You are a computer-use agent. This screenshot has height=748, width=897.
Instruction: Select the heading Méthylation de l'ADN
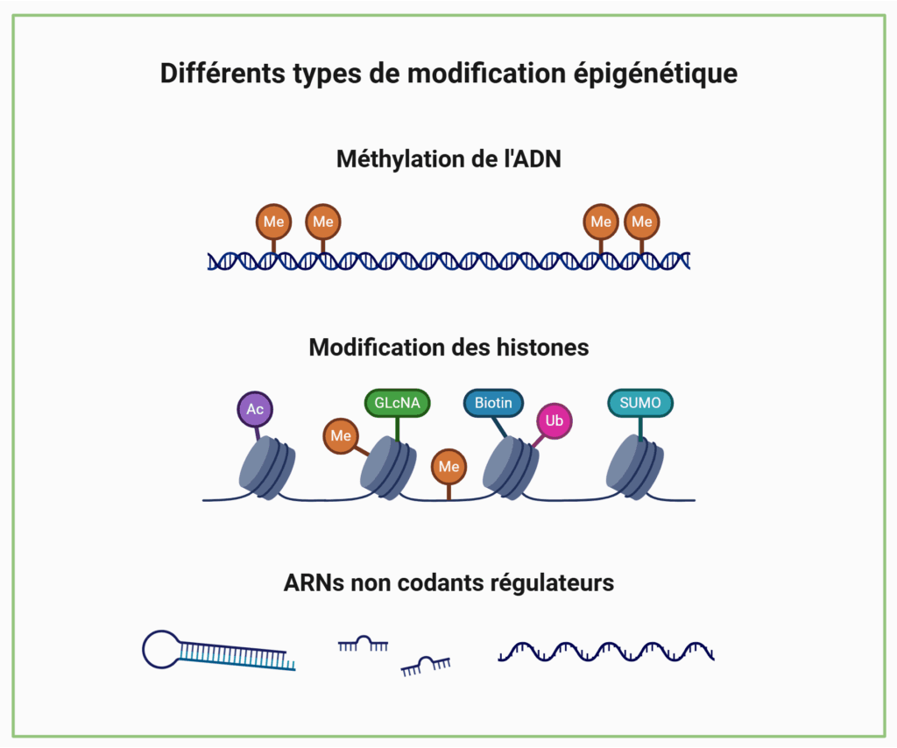(448, 159)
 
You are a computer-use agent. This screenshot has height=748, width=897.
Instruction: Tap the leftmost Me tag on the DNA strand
(273, 222)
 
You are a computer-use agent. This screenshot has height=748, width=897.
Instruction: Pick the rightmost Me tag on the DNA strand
(642, 222)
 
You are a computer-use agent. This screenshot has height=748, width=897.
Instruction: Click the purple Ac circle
(255, 409)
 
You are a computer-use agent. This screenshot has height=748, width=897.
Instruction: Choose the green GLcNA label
(397, 403)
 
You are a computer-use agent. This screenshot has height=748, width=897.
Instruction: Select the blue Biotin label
(494, 403)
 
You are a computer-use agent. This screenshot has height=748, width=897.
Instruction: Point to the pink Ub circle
(554, 421)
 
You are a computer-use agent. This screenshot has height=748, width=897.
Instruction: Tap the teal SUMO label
(640, 403)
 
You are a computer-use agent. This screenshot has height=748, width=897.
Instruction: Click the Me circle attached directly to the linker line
(448, 467)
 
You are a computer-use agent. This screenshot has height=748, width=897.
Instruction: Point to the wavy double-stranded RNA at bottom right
(606, 651)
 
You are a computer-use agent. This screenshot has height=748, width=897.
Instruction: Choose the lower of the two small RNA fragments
(426, 667)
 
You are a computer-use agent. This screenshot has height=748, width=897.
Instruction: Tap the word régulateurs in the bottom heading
(557, 582)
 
